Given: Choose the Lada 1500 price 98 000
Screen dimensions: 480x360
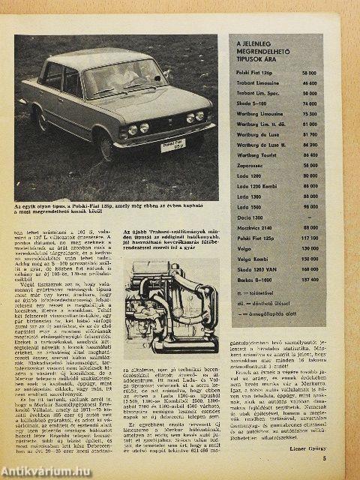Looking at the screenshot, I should point(309,207).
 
